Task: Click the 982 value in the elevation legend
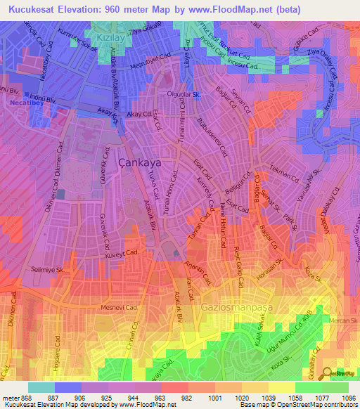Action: pyautogui.click(x=187, y=397)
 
